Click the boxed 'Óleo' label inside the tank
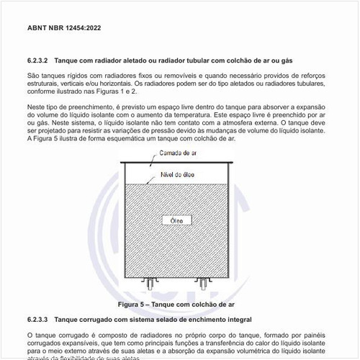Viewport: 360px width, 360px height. (x=178, y=219)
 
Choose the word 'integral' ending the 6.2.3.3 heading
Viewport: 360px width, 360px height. (x=237, y=318)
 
